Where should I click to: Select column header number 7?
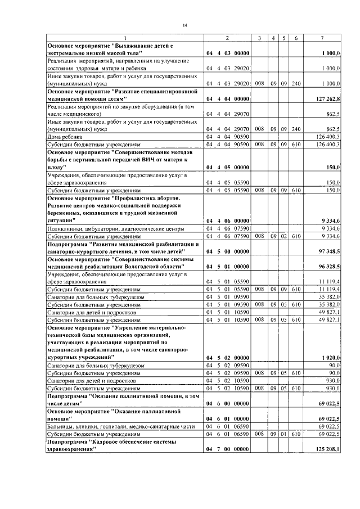(322, 38)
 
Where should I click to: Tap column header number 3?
(259, 38)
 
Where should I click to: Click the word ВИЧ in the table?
(143, 160)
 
